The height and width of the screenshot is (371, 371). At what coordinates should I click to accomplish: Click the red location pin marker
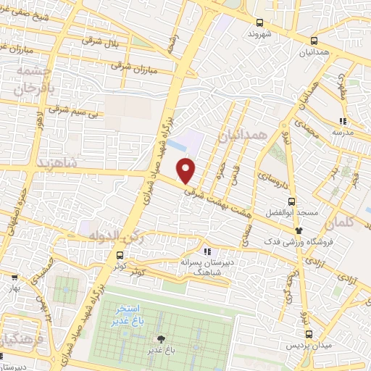point(186,170)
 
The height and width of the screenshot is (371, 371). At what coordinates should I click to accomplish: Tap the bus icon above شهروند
point(259,22)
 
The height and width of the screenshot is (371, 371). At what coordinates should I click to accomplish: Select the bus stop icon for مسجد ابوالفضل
point(291,202)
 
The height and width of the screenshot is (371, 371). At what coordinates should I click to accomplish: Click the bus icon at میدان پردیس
point(309,335)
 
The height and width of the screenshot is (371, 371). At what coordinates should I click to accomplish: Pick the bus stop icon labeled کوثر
point(120,255)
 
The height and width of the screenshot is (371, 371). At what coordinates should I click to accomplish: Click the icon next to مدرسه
point(343,121)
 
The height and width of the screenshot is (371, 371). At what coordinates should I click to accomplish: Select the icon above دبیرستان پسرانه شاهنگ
point(207,251)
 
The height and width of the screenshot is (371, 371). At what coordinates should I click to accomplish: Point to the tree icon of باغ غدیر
point(160,339)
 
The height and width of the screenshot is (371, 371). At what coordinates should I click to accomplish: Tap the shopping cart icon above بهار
point(14,275)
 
